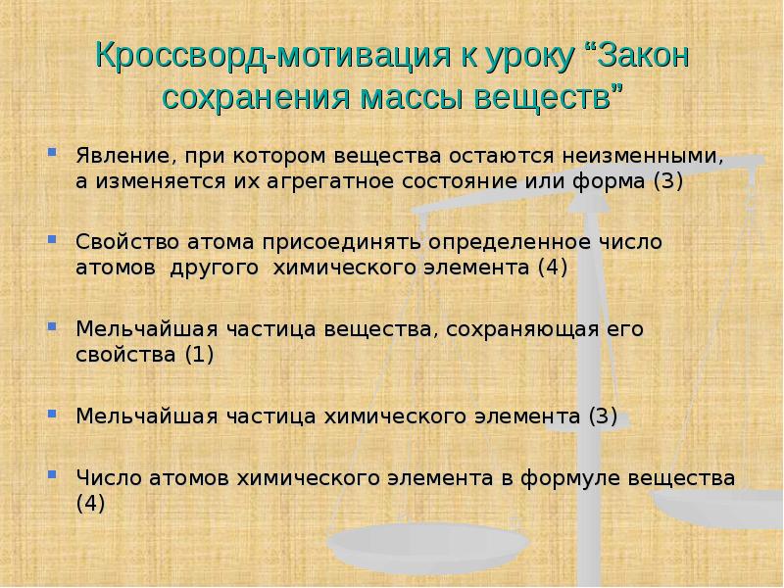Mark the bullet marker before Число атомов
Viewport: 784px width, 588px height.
tap(52, 477)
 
